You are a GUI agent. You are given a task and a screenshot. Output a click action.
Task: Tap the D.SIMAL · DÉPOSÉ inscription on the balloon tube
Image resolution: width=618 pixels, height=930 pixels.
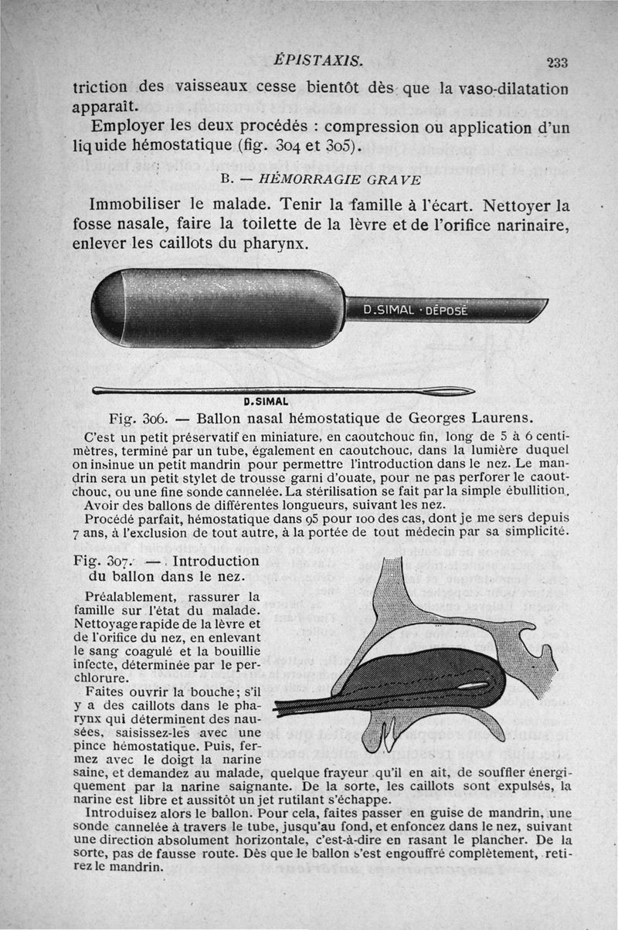[416, 310]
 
